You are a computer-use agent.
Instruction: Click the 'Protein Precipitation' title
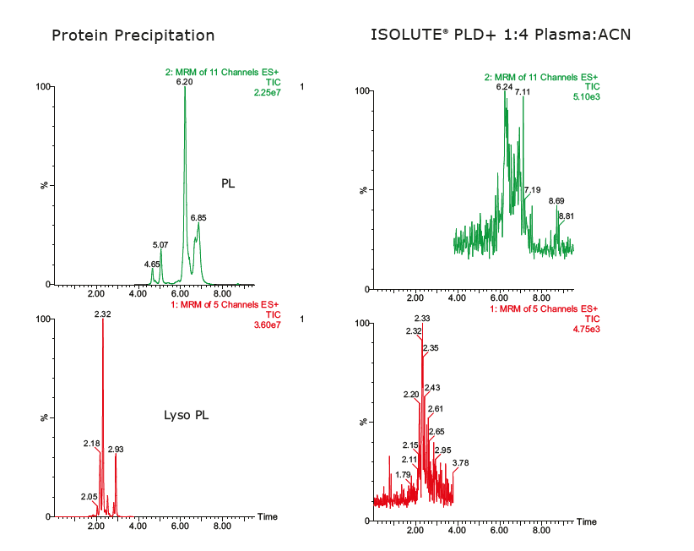tap(133, 35)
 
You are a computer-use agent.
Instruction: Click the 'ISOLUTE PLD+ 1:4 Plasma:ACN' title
tap(501, 35)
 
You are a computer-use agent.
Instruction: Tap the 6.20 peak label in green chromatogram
tap(184, 82)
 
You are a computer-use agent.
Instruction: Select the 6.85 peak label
tap(198, 217)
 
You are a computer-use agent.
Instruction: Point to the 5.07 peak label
tap(160, 245)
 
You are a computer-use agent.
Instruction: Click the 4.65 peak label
tap(152, 265)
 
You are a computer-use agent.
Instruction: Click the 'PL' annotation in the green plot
tap(228, 183)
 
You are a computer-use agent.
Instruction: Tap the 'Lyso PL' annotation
tap(186, 415)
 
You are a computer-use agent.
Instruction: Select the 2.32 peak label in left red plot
tap(102, 314)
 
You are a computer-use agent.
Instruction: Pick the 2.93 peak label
tap(116, 450)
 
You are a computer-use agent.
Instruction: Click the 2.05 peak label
tap(89, 496)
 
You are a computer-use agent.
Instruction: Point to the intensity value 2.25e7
tap(267, 93)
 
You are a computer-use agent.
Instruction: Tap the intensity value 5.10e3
tap(585, 96)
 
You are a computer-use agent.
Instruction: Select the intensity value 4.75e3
tap(585, 328)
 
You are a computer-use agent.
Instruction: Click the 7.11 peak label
tap(523, 91)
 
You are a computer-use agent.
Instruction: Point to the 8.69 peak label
tap(556, 200)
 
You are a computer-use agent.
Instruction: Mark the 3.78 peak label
tap(460, 462)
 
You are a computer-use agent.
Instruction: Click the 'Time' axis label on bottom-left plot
tap(268, 516)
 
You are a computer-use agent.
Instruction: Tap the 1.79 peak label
tap(403, 475)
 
